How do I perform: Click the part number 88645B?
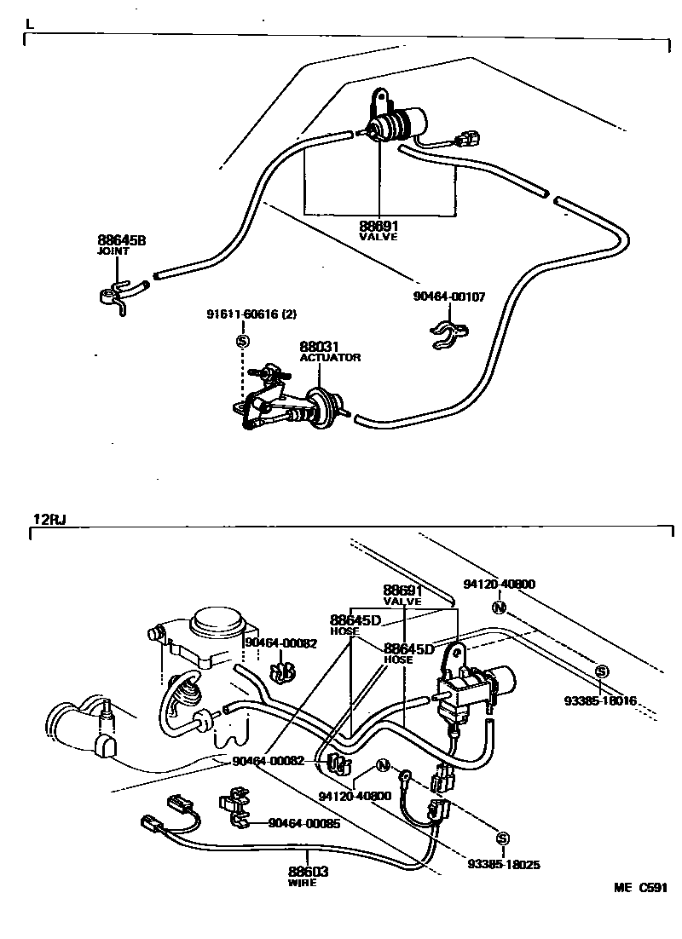121,241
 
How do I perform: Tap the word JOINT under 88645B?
113,253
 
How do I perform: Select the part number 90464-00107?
450,297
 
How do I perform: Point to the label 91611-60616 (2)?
251,314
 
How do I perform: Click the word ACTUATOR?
330,358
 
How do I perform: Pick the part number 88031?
319,347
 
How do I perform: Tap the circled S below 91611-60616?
241,342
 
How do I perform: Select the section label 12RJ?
49,519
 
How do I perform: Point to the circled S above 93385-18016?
602,671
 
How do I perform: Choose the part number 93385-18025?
504,863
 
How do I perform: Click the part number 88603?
308,872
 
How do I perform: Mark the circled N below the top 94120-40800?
500,608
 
